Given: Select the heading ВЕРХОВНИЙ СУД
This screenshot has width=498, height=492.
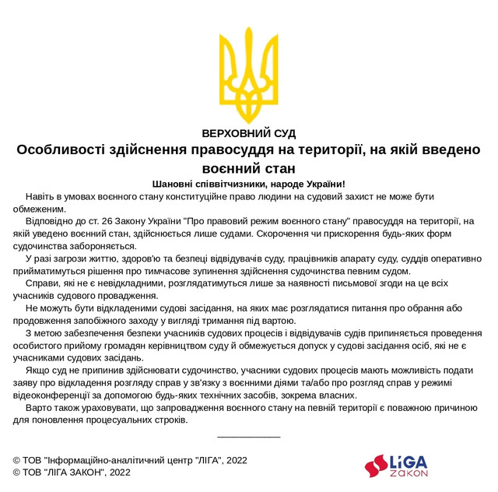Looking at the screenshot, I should [248, 133].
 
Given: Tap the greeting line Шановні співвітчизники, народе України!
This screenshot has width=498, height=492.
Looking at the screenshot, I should [248, 184].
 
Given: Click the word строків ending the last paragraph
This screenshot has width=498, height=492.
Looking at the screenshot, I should [169, 420].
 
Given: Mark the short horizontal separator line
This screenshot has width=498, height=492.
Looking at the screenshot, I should [248, 437].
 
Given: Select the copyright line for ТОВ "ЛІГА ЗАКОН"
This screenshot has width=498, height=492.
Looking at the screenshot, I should [72, 473].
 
